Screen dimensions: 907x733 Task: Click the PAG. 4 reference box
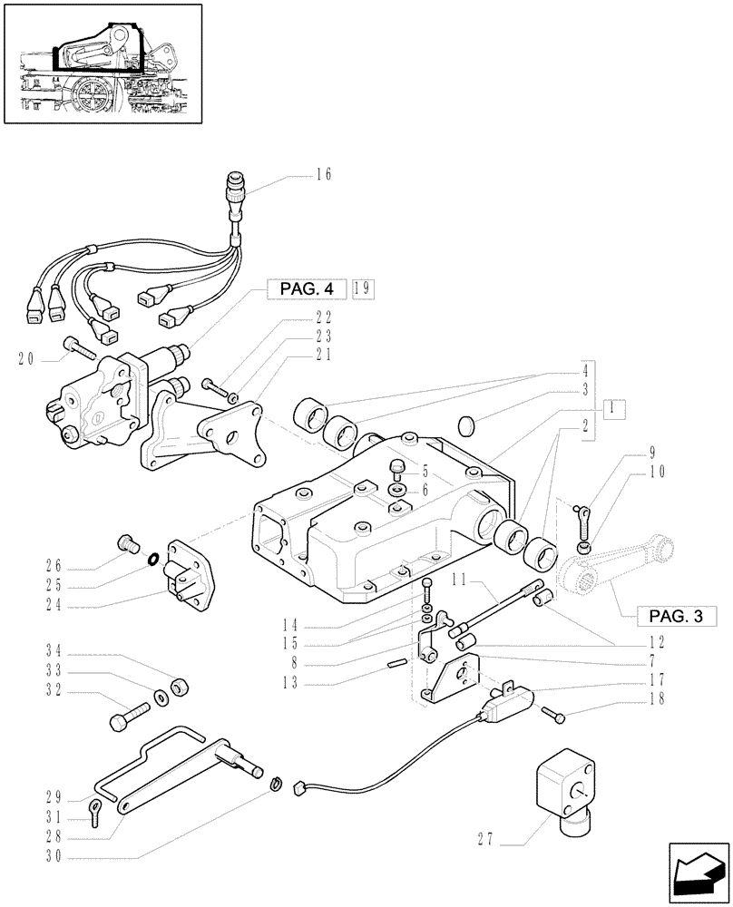(304, 289)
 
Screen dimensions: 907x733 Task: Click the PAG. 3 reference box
(677, 617)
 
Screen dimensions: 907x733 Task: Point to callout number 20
(26, 358)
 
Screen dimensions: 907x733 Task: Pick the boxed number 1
(617, 407)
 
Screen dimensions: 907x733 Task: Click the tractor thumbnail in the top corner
(102, 63)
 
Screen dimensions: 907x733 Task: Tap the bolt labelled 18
(555, 717)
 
